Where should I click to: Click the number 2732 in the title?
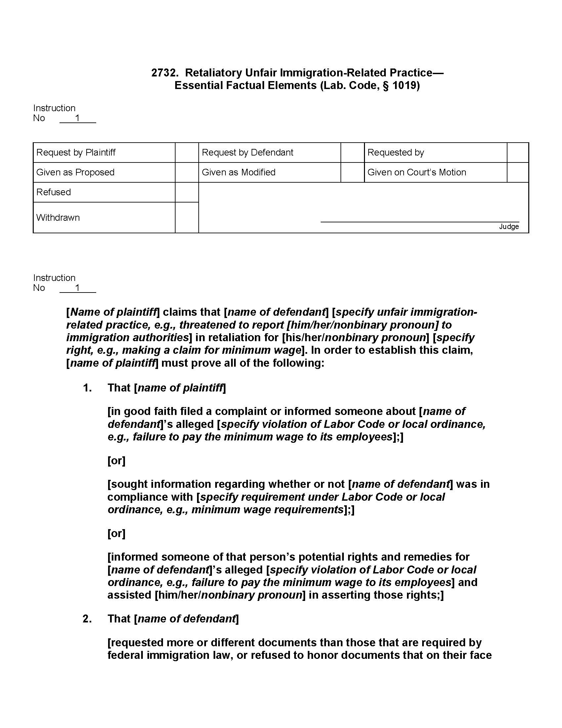[163, 73]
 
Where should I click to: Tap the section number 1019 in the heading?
[404, 85]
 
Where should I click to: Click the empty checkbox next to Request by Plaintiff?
[186, 153]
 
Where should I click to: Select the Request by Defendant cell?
[247, 153]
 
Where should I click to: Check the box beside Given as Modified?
[352, 172]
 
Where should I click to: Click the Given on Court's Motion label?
[417, 172]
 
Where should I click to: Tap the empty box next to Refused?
[186, 192]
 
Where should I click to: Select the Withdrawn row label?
[58, 218]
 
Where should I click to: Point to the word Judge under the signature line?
[509, 227]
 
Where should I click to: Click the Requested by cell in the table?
[395, 153]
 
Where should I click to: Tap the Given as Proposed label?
[75, 172]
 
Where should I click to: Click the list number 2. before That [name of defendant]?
[87, 619]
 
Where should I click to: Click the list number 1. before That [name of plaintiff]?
[87, 388]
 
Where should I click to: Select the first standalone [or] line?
[116, 461]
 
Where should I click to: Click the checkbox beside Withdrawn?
[186, 218]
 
